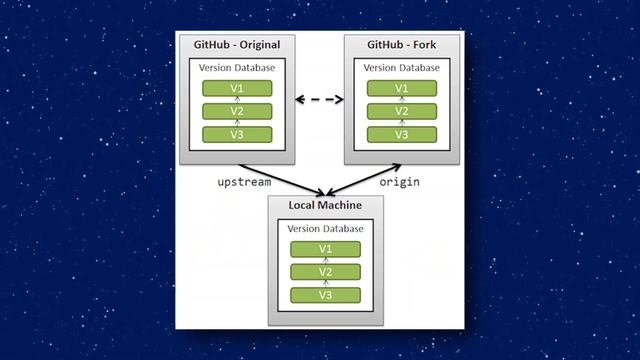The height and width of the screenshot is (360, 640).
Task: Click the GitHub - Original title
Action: point(236,46)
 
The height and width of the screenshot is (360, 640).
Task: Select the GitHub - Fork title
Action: point(401,46)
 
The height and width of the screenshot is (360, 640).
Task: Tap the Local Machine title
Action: point(323,206)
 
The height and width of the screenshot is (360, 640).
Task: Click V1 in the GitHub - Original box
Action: point(237,89)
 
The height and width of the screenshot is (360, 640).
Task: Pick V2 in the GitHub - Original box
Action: point(237,111)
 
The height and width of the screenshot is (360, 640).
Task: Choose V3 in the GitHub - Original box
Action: point(237,133)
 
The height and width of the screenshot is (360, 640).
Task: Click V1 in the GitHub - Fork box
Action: point(401,89)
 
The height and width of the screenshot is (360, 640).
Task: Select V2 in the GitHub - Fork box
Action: point(401,111)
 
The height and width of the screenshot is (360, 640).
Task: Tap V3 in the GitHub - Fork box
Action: point(401,133)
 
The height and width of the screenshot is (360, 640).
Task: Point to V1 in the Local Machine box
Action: point(324,249)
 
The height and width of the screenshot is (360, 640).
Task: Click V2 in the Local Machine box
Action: point(324,271)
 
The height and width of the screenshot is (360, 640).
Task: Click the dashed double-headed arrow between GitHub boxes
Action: point(319,99)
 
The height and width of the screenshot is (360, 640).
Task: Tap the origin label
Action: point(398,183)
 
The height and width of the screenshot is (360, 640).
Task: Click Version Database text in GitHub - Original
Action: point(237,68)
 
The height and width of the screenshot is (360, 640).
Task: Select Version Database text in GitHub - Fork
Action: point(401,68)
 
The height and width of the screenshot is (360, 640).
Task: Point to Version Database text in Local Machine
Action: point(324,228)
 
